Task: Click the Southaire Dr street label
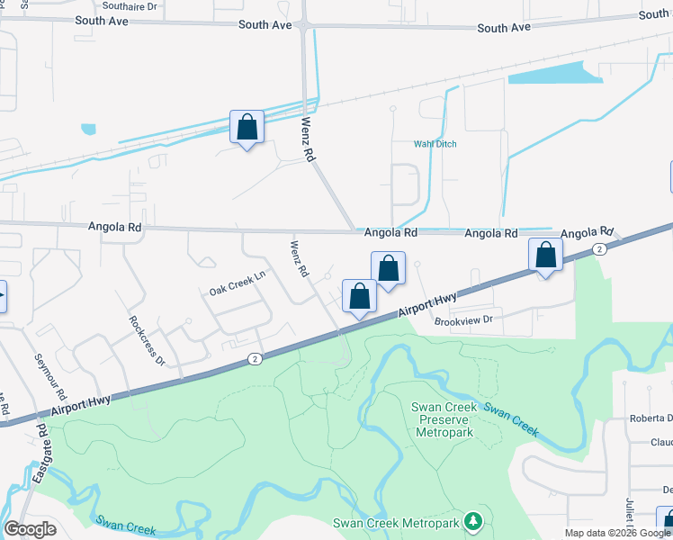pos(130,5)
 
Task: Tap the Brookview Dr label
pos(464,319)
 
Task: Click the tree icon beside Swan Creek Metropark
pos(471,522)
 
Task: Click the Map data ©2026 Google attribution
pos(617,533)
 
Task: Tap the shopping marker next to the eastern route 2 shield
pos(545,255)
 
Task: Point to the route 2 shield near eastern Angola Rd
pos(598,248)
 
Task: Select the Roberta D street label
pos(651,418)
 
